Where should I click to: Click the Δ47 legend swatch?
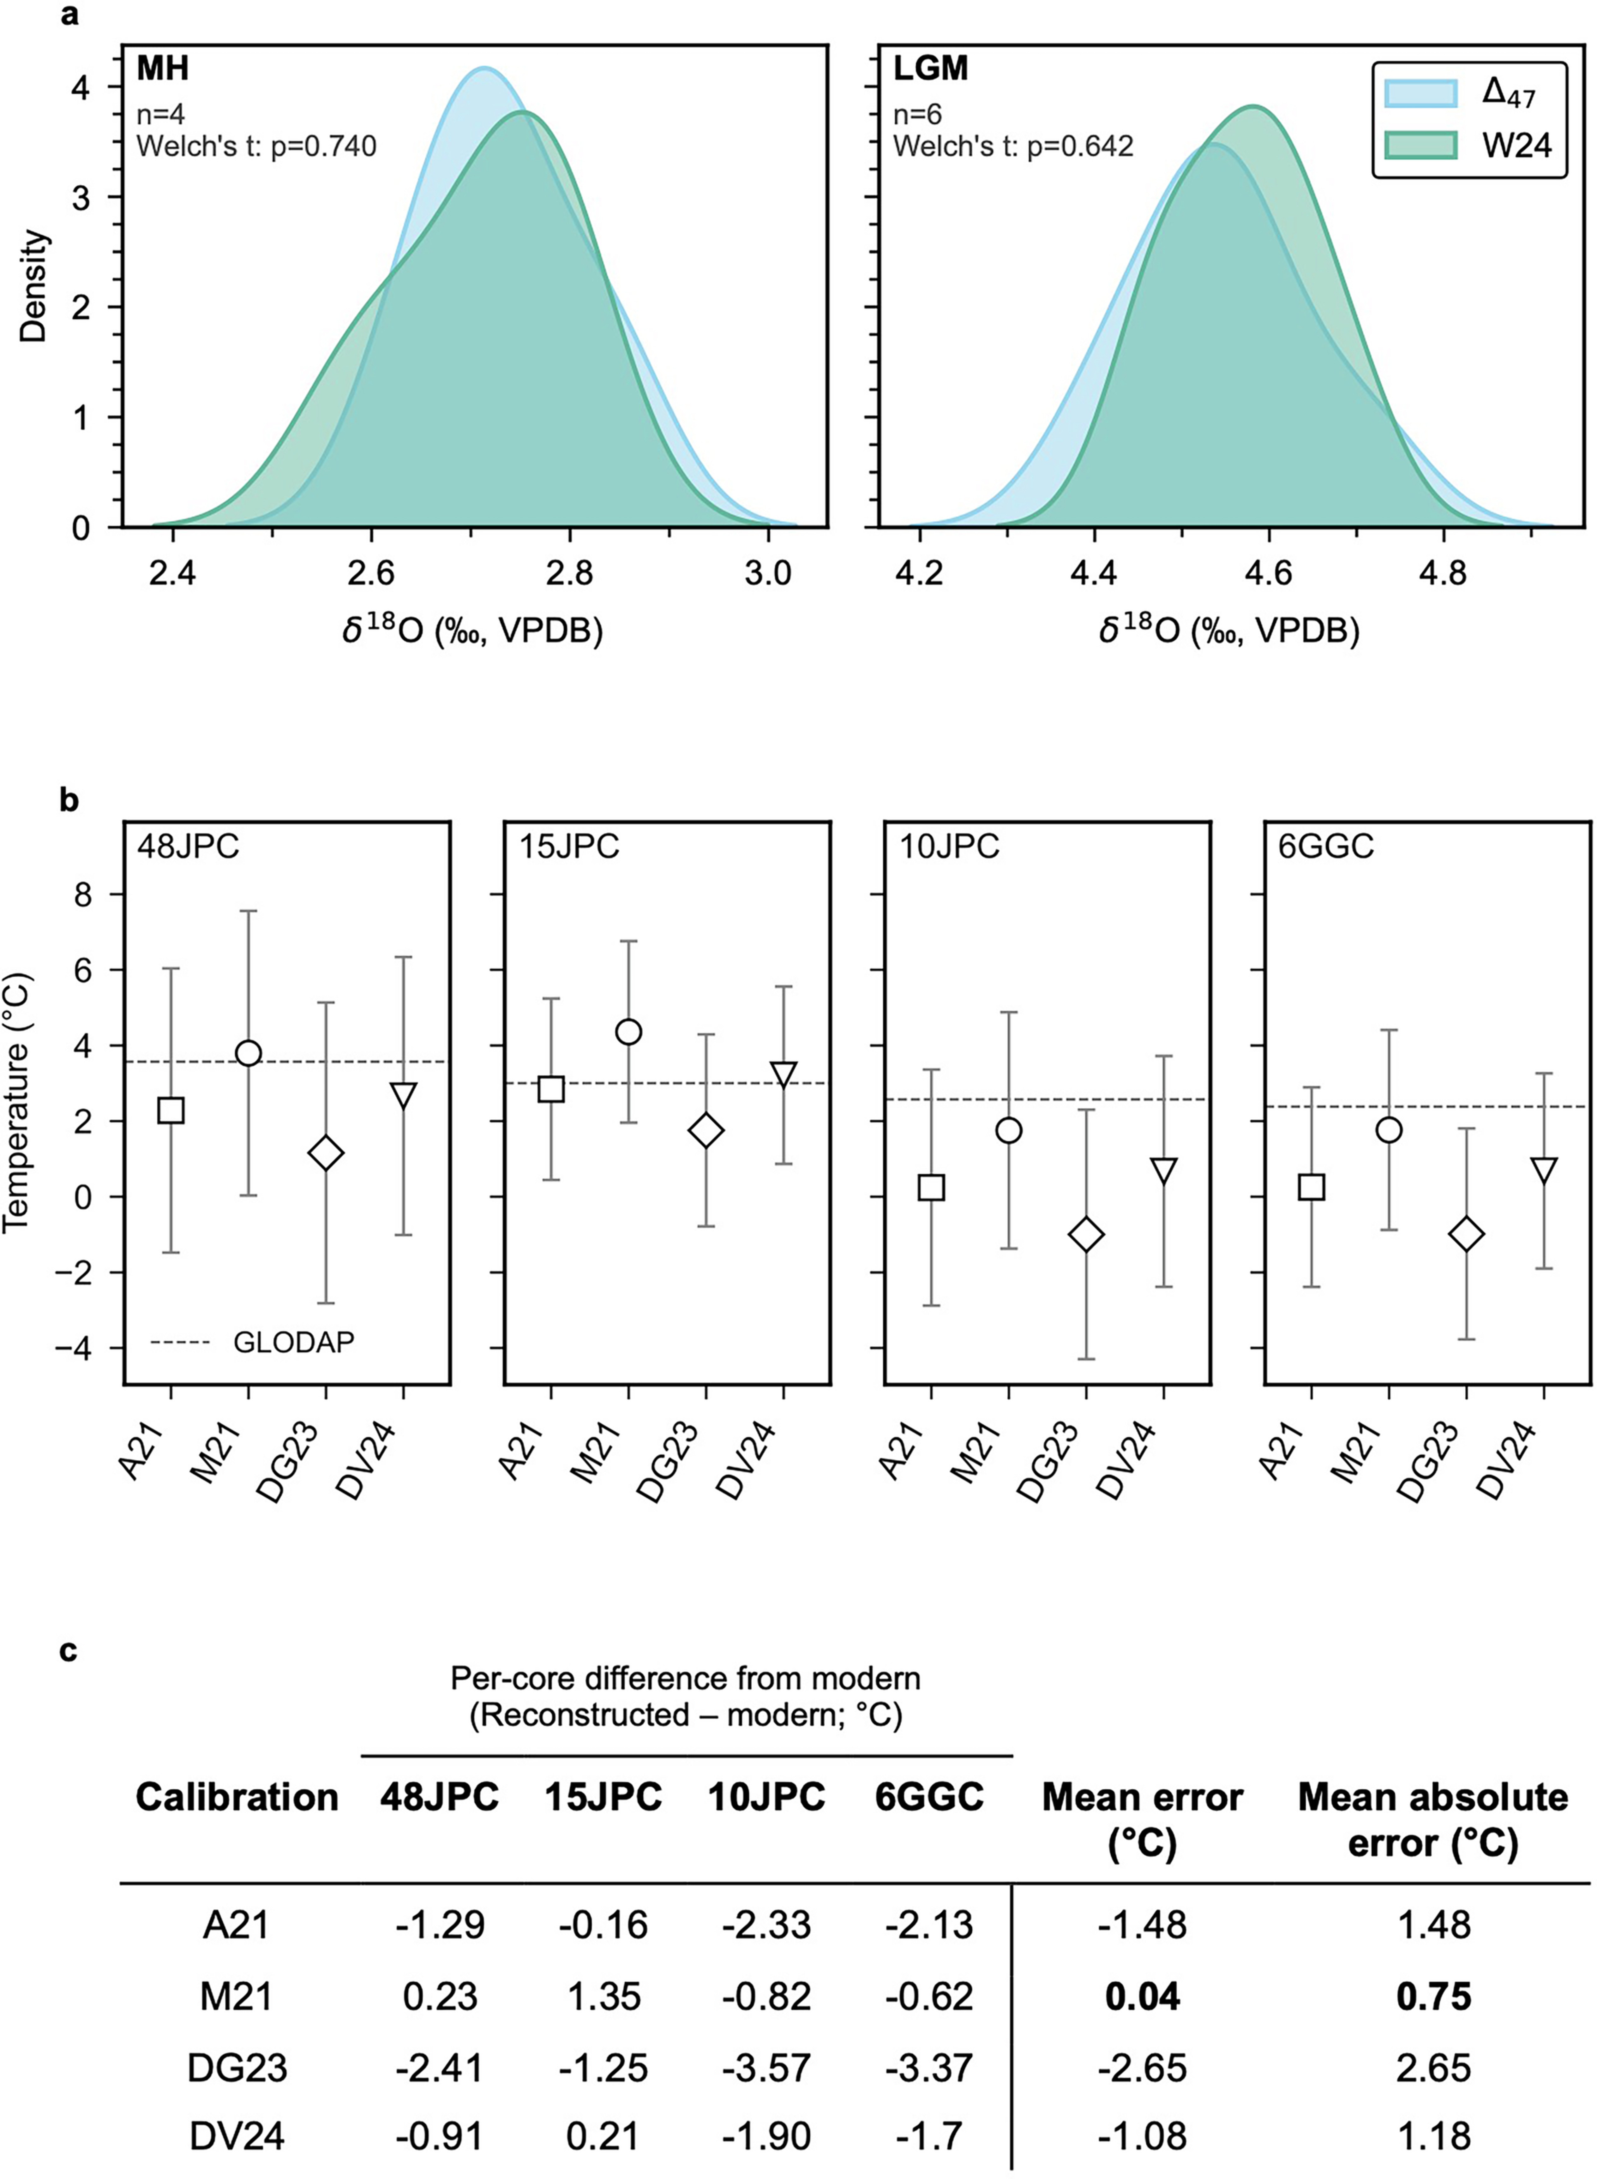(x=1420, y=93)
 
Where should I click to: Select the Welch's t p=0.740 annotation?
(x=256, y=146)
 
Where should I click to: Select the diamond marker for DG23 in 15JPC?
(x=706, y=1131)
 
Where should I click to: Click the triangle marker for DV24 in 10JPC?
(x=1164, y=1170)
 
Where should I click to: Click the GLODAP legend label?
(x=294, y=1341)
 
